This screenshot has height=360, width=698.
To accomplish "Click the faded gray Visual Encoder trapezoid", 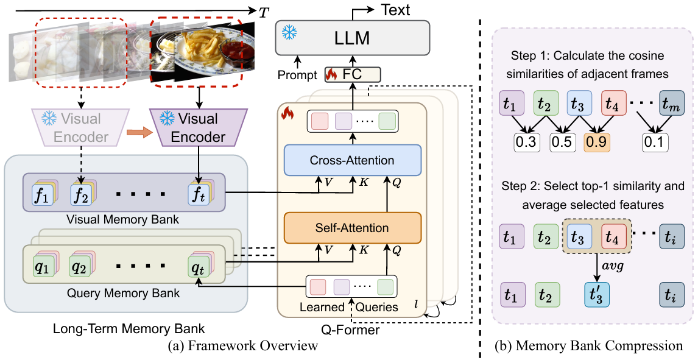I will click(80, 128).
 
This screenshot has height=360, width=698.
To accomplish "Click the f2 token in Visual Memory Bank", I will click(80, 197).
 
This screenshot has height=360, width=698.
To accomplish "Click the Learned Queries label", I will click(349, 307).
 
